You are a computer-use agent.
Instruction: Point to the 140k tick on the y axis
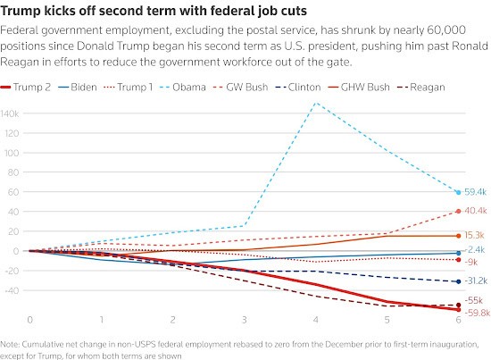click(12, 113)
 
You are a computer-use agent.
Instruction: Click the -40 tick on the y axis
click(12, 289)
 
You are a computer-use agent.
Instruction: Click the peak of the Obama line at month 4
click(315, 103)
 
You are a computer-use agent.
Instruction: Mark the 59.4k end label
click(474, 192)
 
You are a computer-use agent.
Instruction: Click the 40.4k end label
click(474, 211)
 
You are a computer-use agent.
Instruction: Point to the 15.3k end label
click(474, 235)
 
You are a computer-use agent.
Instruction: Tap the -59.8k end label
click(475, 313)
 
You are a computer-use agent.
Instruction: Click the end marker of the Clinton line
click(458, 281)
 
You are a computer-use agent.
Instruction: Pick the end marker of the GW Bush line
click(458, 211)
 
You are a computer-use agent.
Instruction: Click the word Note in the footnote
click(12, 343)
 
